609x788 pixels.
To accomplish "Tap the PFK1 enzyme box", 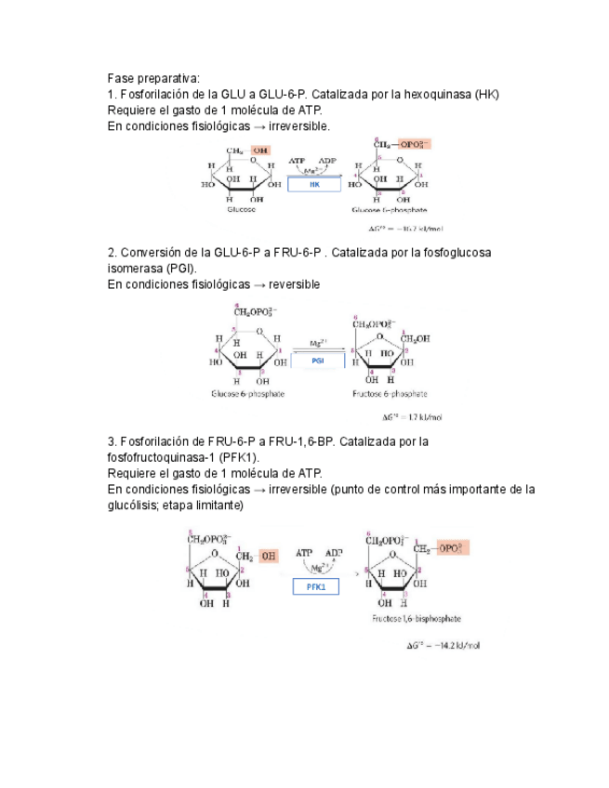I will point(315,587).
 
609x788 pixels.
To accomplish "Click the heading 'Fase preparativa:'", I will point(152,78).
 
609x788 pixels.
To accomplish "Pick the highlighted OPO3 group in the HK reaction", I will point(416,145).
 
